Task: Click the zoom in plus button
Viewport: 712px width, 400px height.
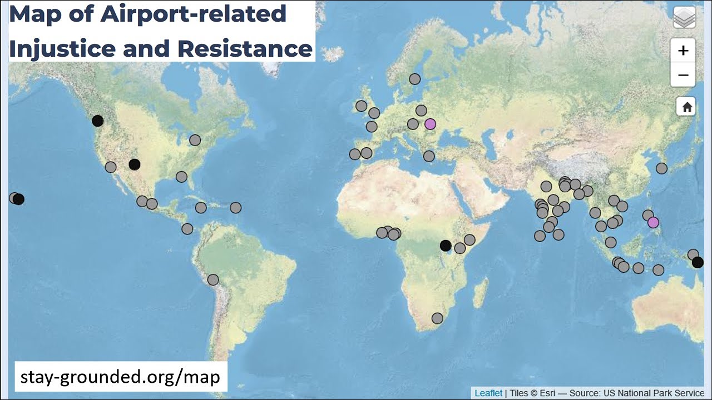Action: pyautogui.click(x=683, y=51)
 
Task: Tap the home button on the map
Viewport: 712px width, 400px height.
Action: pyautogui.click(x=686, y=107)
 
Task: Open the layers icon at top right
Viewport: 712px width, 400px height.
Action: pyautogui.click(x=684, y=18)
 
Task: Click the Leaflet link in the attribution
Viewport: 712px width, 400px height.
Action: pyautogui.click(x=488, y=393)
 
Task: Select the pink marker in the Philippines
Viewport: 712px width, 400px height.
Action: pyautogui.click(x=653, y=222)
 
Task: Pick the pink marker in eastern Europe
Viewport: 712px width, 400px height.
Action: pyautogui.click(x=430, y=123)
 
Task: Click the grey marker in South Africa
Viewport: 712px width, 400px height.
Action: pyautogui.click(x=437, y=318)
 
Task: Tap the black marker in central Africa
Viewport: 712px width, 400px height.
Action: pyautogui.click(x=445, y=245)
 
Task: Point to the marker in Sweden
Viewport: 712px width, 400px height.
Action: pyautogui.click(x=414, y=79)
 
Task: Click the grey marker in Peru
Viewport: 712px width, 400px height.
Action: pyautogui.click(x=213, y=279)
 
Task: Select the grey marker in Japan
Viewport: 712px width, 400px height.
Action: pyautogui.click(x=661, y=168)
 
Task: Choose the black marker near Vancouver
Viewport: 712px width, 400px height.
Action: pyautogui.click(x=98, y=121)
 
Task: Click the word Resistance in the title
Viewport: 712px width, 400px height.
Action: pyautogui.click(x=245, y=48)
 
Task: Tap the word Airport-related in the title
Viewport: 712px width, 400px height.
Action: pyautogui.click(x=194, y=14)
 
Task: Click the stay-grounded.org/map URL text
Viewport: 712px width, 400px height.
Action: pyautogui.click(x=120, y=377)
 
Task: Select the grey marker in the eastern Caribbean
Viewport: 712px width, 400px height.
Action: pyautogui.click(x=235, y=208)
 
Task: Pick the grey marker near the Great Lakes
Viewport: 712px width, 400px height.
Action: pyautogui.click(x=195, y=140)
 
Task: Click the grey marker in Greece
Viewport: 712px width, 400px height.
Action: pyautogui.click(x=429, y=156)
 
